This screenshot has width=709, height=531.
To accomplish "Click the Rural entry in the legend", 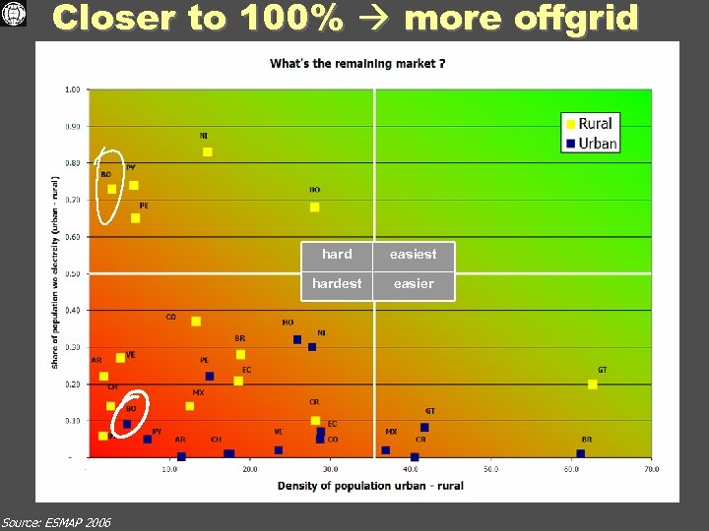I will point(590,124).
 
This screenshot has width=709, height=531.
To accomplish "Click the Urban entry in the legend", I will point(590,143).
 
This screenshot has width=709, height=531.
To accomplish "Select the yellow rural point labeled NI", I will point(207,151).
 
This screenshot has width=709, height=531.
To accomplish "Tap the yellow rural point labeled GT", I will point(593,384).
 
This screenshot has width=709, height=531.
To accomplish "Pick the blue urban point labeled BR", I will point(581,453).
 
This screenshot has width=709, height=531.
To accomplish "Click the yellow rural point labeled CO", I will point(196,322).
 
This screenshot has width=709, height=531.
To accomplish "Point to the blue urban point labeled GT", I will point(424,427).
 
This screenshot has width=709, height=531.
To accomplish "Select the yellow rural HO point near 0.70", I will point(314,206).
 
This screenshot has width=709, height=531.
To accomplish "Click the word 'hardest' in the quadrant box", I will point(337,283).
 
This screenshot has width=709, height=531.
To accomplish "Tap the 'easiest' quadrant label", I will point(413,254).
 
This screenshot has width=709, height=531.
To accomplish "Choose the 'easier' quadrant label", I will point(413,283).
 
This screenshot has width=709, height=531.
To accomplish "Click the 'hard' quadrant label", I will point(337,254).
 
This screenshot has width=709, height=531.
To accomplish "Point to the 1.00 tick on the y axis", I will point(73,89).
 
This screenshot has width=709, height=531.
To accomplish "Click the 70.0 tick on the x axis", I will point(651,469).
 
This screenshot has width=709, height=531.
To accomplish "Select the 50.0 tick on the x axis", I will point(490,469).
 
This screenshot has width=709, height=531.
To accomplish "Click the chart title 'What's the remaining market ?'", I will point(357,64).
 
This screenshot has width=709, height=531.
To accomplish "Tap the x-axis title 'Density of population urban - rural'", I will point(370,486).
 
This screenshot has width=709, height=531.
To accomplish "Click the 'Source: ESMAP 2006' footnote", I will point(56,521).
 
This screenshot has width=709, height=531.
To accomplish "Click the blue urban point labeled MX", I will point(386,450).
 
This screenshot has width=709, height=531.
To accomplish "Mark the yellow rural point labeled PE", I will point(135,218).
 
